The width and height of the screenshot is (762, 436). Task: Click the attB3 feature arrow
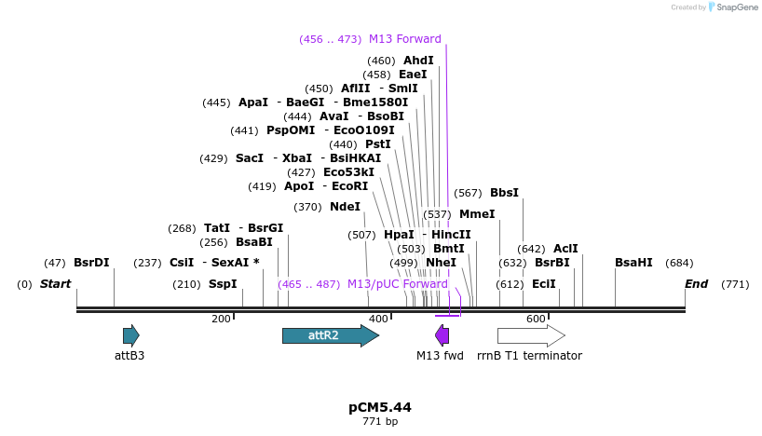point(130,335)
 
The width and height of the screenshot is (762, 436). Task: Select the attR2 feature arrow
point(330,335)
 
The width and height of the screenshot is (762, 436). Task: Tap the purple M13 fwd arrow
point(442,335)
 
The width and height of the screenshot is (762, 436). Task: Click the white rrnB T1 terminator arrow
point(530,335)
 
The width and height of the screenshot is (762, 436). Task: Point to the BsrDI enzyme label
point(91,263)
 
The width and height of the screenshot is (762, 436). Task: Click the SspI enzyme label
point(223,284)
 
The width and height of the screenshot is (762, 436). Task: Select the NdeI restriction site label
point(345,207)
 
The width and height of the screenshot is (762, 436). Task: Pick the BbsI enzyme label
point(504,193)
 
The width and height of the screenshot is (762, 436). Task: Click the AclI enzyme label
point(565,249)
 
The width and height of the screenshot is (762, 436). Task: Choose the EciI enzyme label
point(543,284)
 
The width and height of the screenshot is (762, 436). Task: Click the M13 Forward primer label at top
point(405,39)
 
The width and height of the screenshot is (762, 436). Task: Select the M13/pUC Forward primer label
point(397,284)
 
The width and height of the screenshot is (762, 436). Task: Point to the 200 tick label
point(221,320)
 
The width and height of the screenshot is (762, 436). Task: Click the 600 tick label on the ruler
point(536,320)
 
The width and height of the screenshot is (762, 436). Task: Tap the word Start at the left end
point(55,284)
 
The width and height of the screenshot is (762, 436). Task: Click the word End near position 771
point(696,284)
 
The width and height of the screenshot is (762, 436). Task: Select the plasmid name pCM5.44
point(379,407)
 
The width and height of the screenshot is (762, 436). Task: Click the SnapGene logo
point(732,7)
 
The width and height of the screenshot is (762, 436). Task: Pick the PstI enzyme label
point(377,144)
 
